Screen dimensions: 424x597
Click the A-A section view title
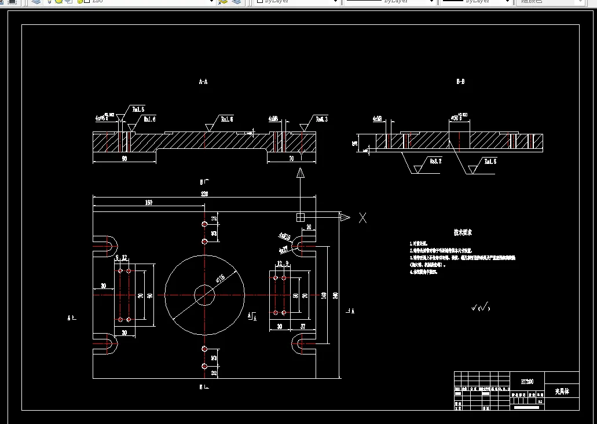[203, 82]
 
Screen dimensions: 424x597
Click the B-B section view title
[460, 82]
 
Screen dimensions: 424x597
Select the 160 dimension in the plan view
[149, 203]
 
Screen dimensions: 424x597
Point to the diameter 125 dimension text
[221, 279]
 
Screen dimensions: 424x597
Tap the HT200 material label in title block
[527, 381]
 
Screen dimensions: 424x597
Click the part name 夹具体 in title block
[562, 392]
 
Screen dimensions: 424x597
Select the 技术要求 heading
[463, 232]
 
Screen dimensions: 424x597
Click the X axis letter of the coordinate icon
[363, 218]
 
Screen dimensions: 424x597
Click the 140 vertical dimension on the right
[324, 295]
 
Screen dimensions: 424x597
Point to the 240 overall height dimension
[335, 295]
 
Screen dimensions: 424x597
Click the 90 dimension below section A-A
[124, 158]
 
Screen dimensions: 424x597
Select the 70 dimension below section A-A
[291, 158]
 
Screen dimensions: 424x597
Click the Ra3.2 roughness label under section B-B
[435, 162]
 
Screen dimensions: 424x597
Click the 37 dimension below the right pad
[302, 327]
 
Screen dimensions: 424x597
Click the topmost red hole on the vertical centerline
[204, 224]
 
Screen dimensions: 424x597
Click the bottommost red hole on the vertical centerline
[204, 366]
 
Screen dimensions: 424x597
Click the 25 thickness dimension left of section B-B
[356, 142]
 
